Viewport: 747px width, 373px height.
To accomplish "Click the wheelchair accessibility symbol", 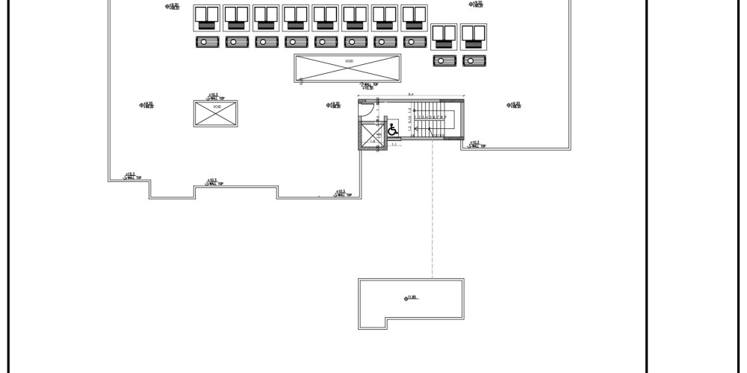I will tap(393, 130).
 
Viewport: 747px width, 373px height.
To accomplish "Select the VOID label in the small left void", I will tap(217, 107).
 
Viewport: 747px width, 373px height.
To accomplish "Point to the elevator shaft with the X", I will tap(371, 137).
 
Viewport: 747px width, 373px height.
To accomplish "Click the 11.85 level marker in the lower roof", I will tap(411, 298).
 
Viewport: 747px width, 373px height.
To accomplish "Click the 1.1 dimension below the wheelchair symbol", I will tap(394, 144).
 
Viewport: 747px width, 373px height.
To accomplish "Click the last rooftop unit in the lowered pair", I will tap(473, 37).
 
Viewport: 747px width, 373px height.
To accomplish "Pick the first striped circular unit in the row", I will tap(207, 43).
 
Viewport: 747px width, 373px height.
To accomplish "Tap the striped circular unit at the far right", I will tap(473, 61).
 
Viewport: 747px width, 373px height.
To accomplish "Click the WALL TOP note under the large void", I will tap(368, 86).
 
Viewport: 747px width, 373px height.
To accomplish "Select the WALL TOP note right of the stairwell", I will tap(477, 144).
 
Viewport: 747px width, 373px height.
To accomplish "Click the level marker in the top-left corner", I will tap(173, 6).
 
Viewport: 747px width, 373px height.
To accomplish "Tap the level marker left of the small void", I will tap(146, 105).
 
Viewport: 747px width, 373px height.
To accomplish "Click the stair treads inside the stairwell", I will tap(430, 118).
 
